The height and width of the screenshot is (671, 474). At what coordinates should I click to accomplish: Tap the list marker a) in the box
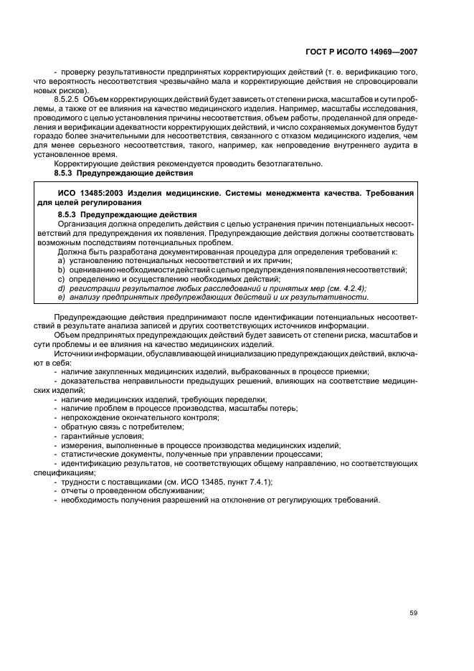62,260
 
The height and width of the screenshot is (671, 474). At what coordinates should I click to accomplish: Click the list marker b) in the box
62,270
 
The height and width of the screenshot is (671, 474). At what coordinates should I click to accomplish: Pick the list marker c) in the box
62,278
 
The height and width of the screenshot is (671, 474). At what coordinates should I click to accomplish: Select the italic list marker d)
62,287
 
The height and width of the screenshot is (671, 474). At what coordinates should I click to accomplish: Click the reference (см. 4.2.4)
341,287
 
